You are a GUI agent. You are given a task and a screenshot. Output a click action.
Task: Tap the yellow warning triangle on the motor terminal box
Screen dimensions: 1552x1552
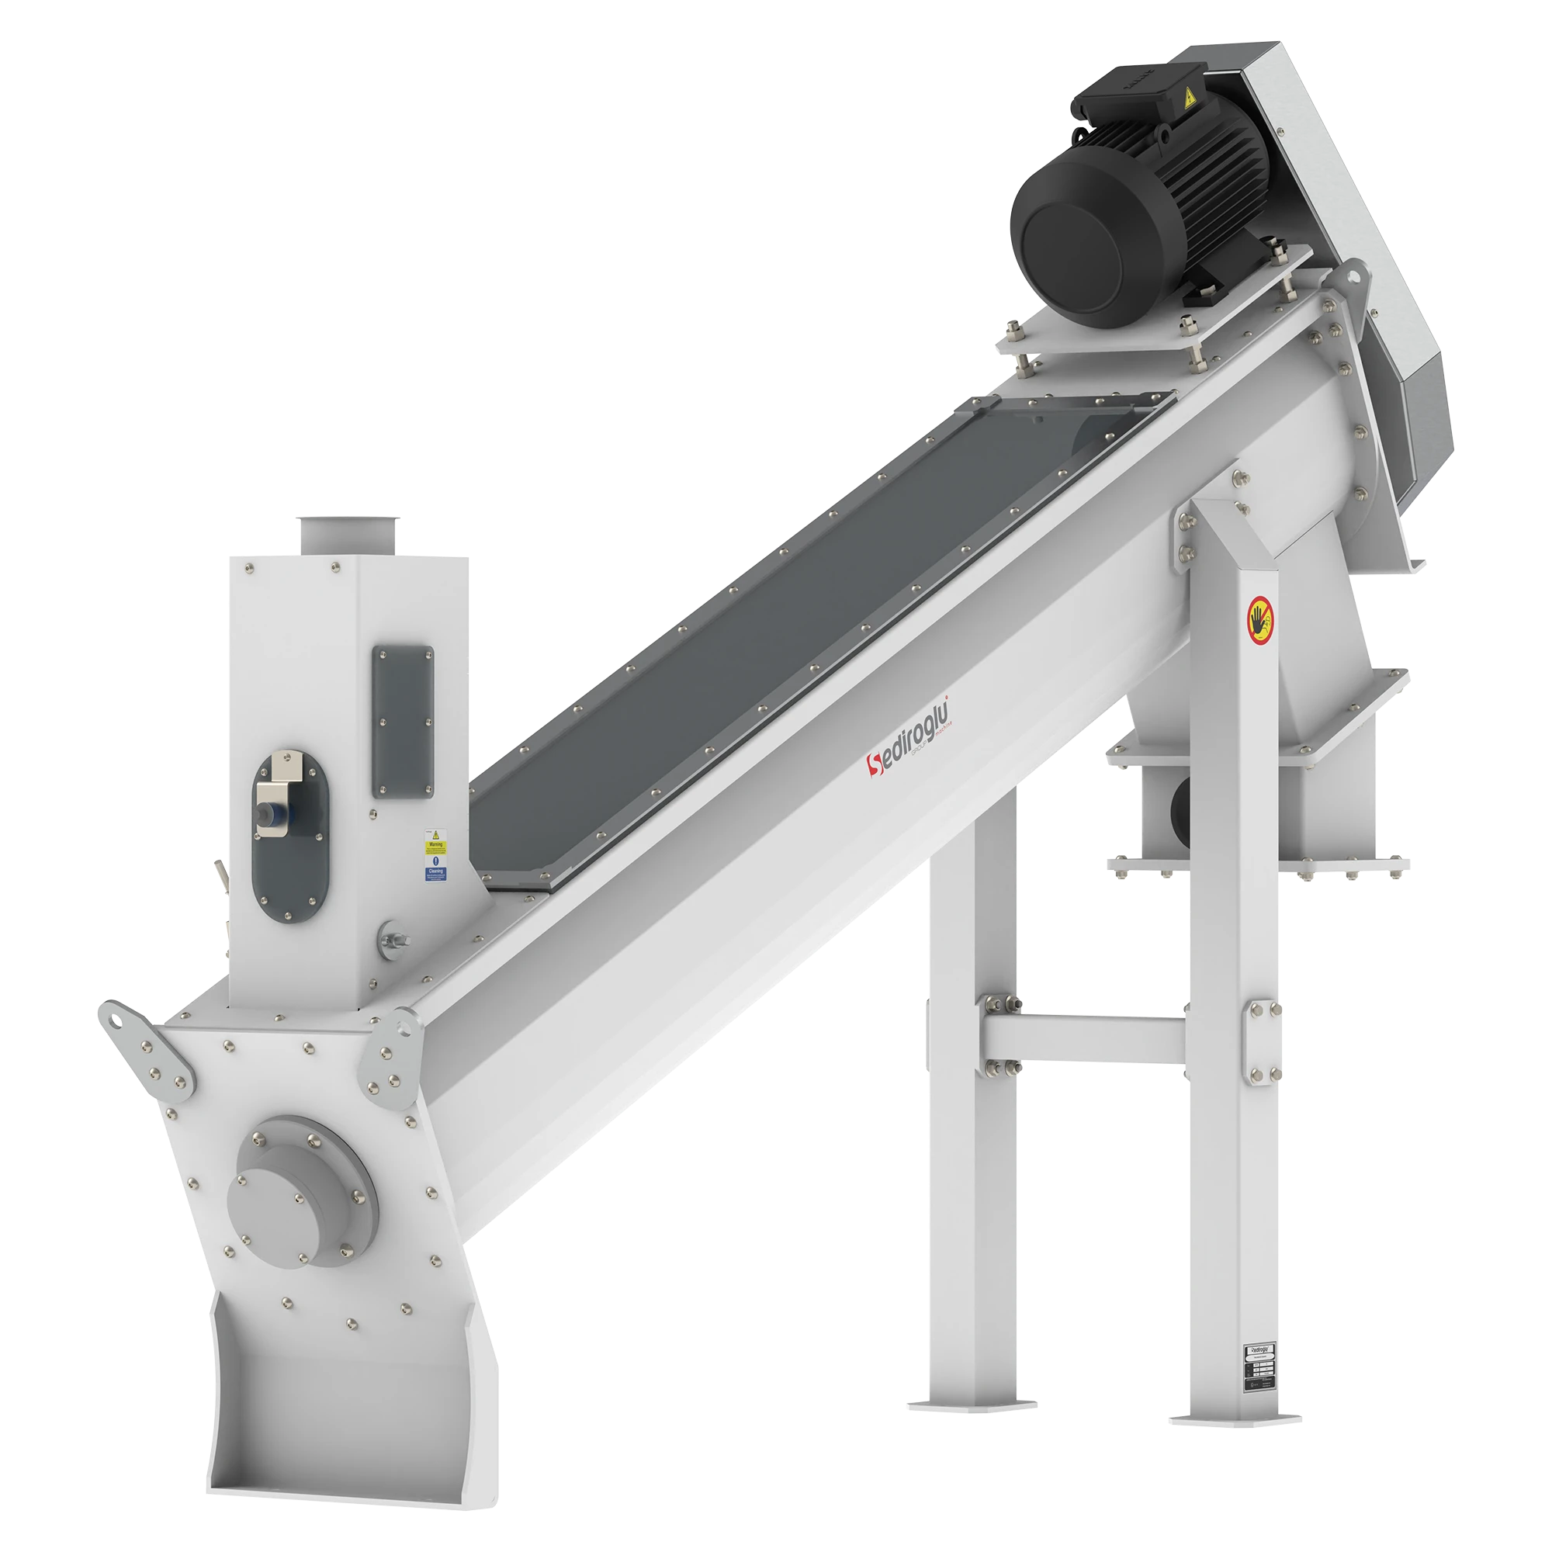click(1188, 99)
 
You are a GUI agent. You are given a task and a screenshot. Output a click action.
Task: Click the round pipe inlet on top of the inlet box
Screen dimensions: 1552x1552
click(347, 533)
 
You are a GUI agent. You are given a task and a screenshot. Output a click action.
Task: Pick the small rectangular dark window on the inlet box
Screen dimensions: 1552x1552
click(402, 722)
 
